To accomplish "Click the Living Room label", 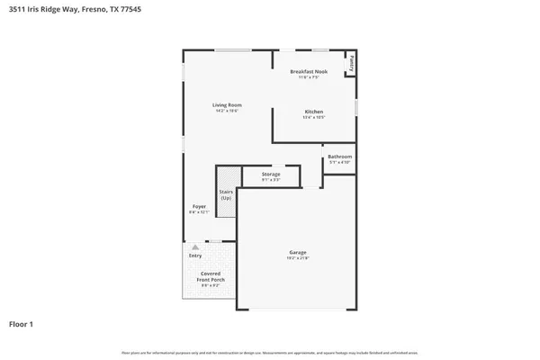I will (x=227, y=105).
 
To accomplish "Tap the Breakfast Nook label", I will (x=308, y=71).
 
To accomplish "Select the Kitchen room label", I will (x=313, y=112).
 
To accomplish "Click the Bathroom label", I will (x=339, y=157).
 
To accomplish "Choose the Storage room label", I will (x=271, y=174).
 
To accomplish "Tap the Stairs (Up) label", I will (x=226, y=194).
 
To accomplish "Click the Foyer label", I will (x=199, y=206).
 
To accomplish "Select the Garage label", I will (x=298, y=252).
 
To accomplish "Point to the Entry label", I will (x=195, y=256).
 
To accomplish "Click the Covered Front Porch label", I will (x=211, y=276).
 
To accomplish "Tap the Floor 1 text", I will (x=22, y=323).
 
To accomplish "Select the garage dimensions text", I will (x=298, y=258).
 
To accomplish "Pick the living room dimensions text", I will (x=227, y=112).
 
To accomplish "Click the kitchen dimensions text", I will (x=313, y=118).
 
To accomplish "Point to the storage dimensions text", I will (x=271, y=180).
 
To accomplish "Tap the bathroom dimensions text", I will (x=339, y=163).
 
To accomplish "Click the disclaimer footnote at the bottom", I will (x=270, y=352).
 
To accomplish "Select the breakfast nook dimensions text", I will (x=308, y=77).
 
